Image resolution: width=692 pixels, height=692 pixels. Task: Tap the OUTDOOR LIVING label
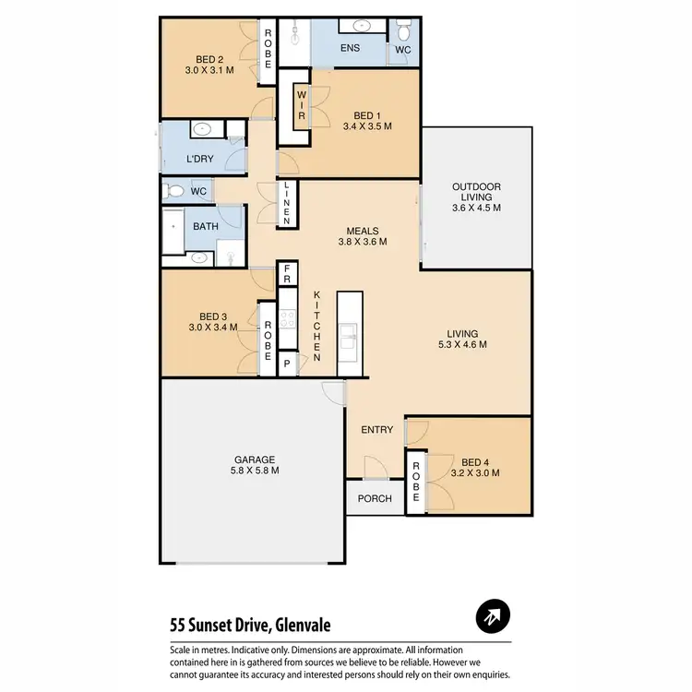pos(476,196)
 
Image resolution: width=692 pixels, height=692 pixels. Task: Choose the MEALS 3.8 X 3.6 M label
pos(363,236)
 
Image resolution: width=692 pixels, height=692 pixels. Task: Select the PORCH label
pos(375,498)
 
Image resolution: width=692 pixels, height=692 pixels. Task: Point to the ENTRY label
pos(377,430)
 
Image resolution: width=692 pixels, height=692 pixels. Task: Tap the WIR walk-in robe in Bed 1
pos(301,108)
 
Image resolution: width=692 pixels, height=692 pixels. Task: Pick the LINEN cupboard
pos(288,203)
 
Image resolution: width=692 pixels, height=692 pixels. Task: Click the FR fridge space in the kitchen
pos(287,273)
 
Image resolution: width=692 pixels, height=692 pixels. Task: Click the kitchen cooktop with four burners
pos(287,319)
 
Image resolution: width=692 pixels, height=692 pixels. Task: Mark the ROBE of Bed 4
pos(415,481)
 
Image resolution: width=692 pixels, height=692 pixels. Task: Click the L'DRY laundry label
pos(200,159)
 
